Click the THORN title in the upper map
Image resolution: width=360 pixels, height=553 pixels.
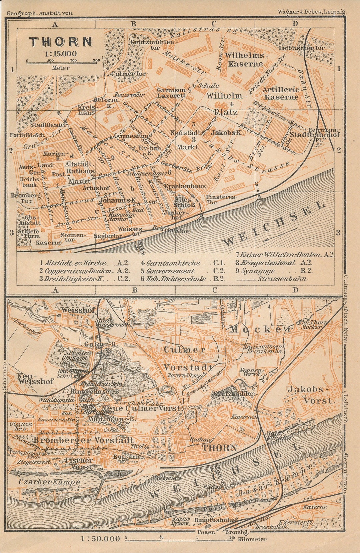[x=61, y=42]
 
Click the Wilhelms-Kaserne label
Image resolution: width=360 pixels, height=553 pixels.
[x=245, y=59]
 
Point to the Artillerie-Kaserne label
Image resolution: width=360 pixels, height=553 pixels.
[x=280, y=93]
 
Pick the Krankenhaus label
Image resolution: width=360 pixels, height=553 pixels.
[x=185, y=186]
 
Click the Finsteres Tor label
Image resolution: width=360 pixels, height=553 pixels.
[x=220, y=199]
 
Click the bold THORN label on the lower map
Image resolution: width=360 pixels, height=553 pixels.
[x=220, y=447]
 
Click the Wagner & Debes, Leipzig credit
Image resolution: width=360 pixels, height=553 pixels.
[x=311, y=12]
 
